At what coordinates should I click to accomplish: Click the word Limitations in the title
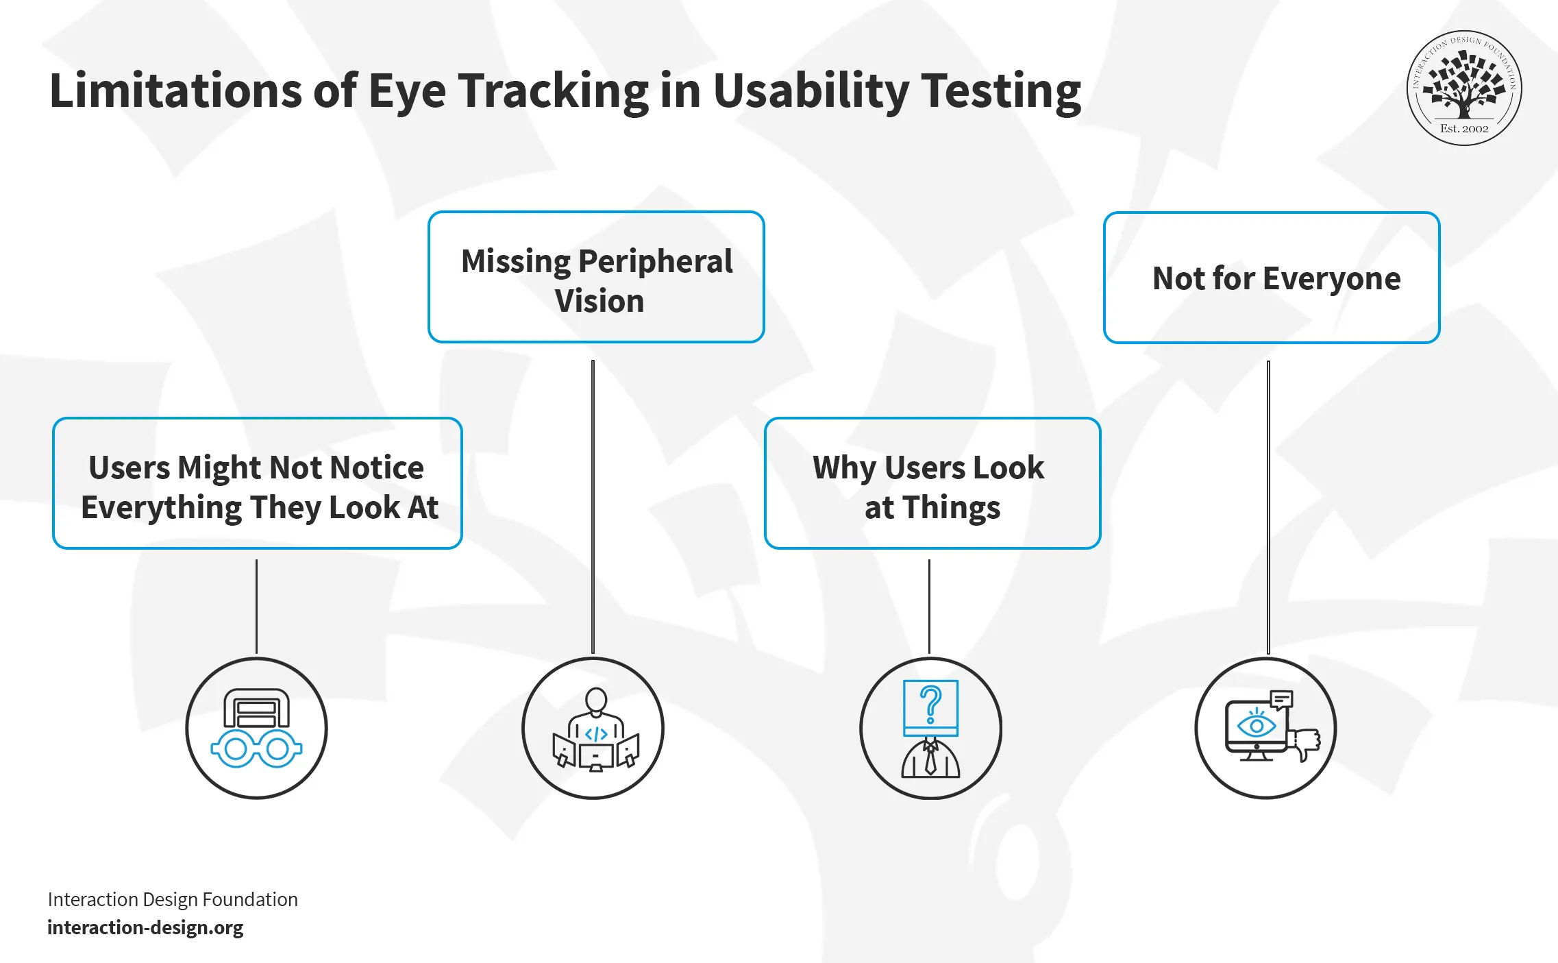tap(175, 91)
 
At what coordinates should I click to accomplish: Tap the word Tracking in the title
tap(553, 91)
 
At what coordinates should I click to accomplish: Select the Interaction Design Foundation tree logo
tap(1464, 88)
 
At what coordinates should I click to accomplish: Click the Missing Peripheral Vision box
tap(596, 277)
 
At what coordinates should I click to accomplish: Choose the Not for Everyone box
tap(1272, 278)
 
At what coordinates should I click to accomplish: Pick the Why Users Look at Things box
tap(932, 483)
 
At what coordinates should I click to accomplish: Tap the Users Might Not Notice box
tap(258, 483)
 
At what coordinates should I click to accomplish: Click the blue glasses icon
tap(256, 749)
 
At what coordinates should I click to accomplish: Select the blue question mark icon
tap(930, 706)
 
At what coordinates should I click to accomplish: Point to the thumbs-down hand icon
tap(1304, 744)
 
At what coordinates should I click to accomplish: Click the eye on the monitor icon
tap(1257, 726)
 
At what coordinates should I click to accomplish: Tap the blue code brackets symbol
tap(596, 734)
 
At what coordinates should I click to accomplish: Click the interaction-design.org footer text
tap(145, 927)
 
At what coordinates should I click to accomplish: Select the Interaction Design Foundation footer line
tap(173, 899)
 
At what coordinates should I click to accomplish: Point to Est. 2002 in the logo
tap(1464, 129)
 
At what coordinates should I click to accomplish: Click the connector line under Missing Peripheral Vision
tap(593, 507)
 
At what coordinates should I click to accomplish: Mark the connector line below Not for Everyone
tap(1268, 507)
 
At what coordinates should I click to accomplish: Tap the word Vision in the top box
tap(599, 302)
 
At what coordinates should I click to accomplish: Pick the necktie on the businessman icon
tap(930, 759)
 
